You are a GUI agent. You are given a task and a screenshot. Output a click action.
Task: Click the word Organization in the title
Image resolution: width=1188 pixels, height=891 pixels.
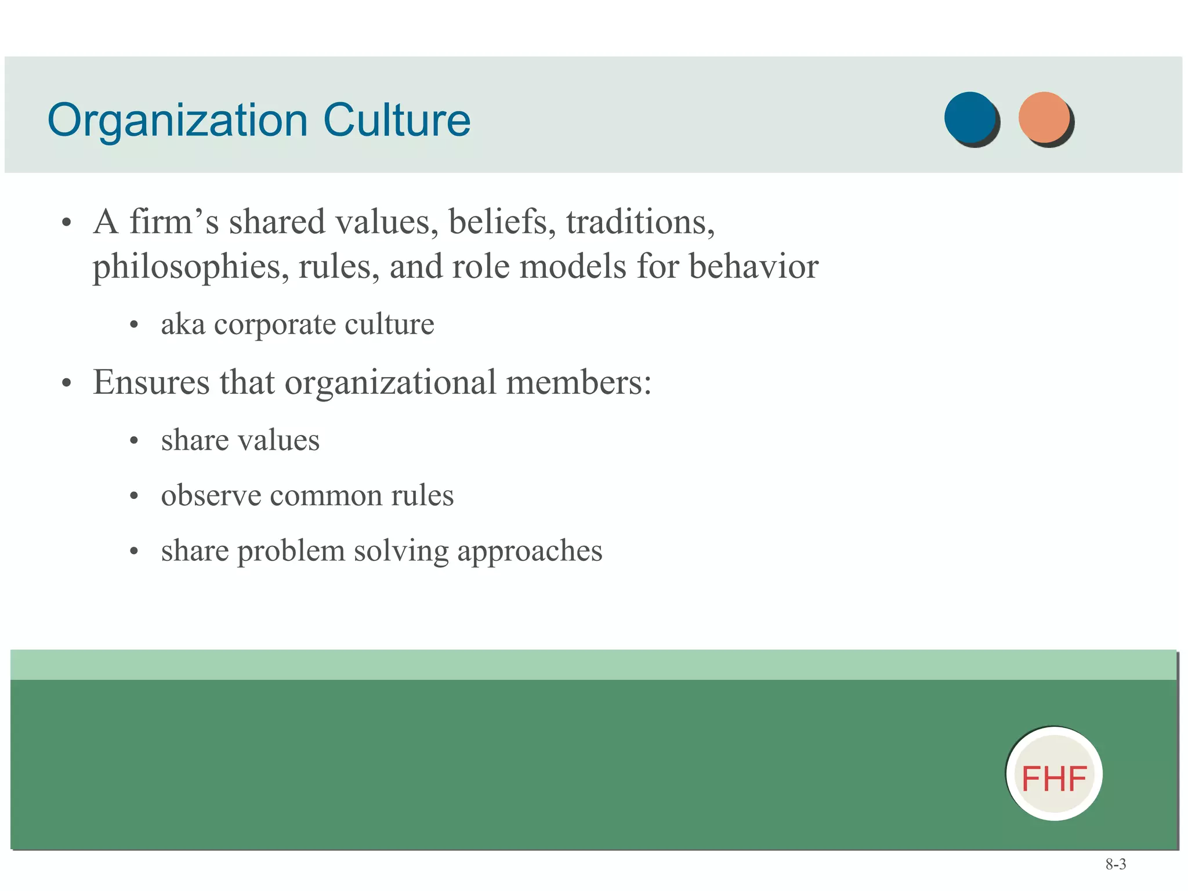click(178, 121)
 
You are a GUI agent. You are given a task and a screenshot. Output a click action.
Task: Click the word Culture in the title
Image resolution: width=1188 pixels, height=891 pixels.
click(397, 121)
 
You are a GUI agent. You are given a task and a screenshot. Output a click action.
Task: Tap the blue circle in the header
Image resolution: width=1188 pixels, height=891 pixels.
click(970, 118)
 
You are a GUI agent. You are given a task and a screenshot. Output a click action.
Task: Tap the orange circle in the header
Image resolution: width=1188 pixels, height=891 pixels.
click(1045, 118)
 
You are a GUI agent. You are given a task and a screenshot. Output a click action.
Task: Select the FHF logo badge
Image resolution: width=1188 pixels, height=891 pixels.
click(1054, 774)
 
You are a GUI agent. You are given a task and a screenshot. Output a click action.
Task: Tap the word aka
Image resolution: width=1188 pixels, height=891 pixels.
click(183, 324)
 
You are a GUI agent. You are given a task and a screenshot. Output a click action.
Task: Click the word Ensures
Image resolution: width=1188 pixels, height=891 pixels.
click(151, 382)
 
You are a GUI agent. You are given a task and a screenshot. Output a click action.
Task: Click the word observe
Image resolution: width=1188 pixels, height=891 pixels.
click(211, 495)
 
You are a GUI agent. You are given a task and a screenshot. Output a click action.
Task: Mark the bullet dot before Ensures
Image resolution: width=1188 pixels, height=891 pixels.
click(67, 383)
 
